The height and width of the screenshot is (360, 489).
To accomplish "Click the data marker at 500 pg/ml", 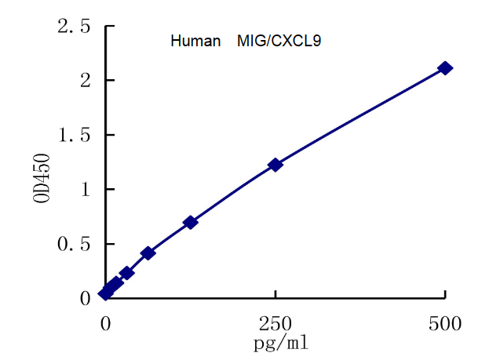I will (445, 68).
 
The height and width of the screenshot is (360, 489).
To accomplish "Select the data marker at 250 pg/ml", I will (276, 165).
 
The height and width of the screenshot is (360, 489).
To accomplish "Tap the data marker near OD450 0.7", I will (190, 223).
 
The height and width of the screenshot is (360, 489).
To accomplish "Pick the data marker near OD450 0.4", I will (148, 253).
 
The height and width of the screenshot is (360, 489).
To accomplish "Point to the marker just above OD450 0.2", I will (126, 273).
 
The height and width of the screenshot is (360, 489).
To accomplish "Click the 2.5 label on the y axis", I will (74, 27).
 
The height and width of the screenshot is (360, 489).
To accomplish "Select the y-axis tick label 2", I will (86, 81).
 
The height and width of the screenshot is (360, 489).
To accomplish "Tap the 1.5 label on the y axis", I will (74, 135).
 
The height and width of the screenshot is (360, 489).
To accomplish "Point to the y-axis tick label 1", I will (86, 189).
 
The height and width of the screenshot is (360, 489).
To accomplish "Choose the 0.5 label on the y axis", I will (74, 244).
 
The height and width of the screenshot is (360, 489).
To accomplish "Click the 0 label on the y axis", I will (86, 298).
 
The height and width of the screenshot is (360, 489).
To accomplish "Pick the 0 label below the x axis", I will (105, 322).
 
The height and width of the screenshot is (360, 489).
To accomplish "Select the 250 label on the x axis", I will (276, 322).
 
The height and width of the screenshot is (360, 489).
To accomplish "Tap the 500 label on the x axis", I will (445, 322).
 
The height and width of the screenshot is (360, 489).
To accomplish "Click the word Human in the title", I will (195, 42).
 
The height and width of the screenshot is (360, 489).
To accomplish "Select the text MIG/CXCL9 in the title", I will (279, 42).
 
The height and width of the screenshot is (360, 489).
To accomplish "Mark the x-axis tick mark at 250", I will (276, 295).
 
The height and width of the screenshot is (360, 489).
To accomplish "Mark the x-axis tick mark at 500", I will (445, 295).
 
